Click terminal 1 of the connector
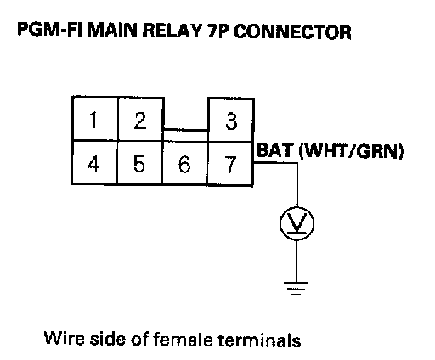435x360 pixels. (95, 119)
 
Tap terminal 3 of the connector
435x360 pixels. (231, 120)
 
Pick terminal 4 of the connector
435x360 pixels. (94, 162)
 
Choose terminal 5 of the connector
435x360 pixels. (140, 163)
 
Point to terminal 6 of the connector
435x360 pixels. (185, 163)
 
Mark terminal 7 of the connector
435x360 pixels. (230, 164)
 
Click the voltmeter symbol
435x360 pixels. (297, 223)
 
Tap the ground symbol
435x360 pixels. (297, 289)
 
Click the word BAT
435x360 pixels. (274, 150)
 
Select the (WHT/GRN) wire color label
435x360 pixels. (352, 151)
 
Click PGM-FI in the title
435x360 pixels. (50, 30)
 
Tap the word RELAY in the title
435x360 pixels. (172, 31)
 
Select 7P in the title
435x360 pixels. (217, 31)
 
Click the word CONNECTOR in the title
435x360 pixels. (293, 31)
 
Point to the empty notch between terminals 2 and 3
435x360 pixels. (186, 114)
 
